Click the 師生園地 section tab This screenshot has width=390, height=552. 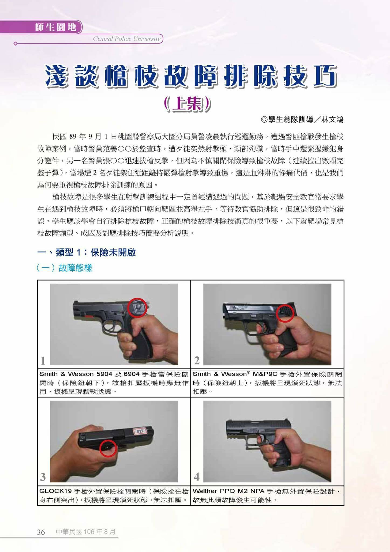tap(55, 27)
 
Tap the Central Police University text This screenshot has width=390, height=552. tap(127, 39)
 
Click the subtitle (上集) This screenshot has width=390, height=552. tap(187, 104)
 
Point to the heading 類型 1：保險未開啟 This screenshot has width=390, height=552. tap(95, 253)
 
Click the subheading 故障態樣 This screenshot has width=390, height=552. tap(75, 268)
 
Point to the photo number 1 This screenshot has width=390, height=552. tap(43, 360)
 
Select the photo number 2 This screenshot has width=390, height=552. tap(197, 360)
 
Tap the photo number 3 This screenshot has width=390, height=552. tap(43, 477)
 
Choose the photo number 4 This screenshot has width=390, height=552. tap(197, 477)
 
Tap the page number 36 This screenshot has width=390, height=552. tap(41, 532)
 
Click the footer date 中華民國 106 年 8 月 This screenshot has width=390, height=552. tap(86, 532)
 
